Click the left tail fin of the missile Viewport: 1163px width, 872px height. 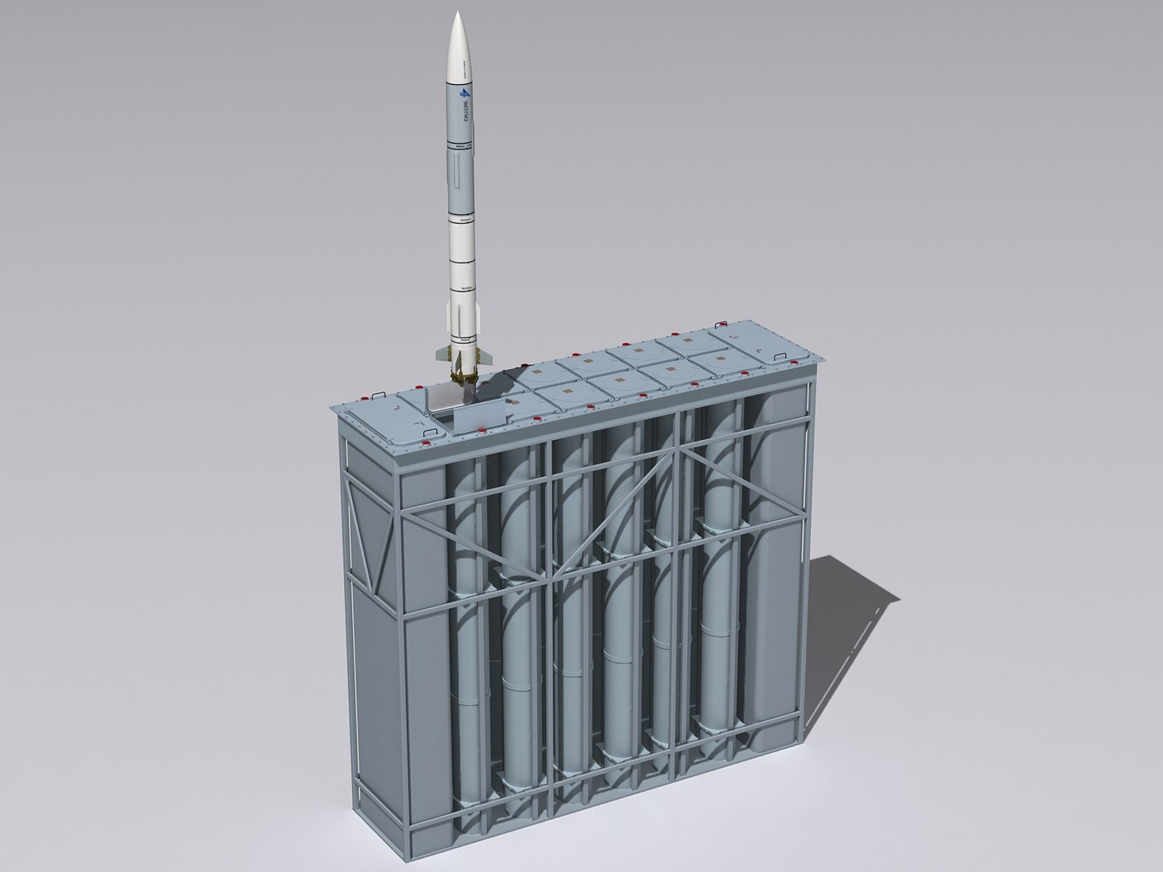click(x=441, y=353)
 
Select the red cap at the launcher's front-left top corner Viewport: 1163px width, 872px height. click(x=363, y=397)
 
